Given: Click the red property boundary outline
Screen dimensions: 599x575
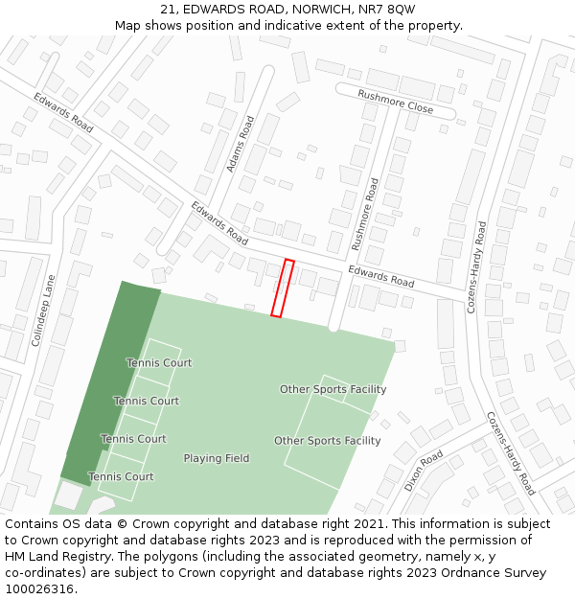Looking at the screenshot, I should point(282,288).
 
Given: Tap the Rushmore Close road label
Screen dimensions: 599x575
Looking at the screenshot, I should point(395,103).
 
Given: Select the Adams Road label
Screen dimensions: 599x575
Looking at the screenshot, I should point(241,145).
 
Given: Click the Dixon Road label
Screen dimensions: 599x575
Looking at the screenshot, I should point(424,471).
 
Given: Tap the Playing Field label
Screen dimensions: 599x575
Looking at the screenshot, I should point(217,458).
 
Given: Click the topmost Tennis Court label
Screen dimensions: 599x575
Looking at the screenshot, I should point(159,363).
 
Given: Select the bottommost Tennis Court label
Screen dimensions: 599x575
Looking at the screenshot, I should point(121,476).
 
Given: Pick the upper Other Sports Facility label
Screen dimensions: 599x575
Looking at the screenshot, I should point(333,389).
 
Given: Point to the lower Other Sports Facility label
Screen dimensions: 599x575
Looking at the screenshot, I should point(327,441).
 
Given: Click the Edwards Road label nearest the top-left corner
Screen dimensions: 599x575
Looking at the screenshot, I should point(63,112).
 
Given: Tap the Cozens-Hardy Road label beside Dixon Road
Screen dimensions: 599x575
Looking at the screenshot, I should point(509,453).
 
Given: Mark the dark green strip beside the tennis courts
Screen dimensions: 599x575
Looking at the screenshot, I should point(105,383).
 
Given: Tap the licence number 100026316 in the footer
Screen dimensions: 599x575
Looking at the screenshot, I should point(38,589).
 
